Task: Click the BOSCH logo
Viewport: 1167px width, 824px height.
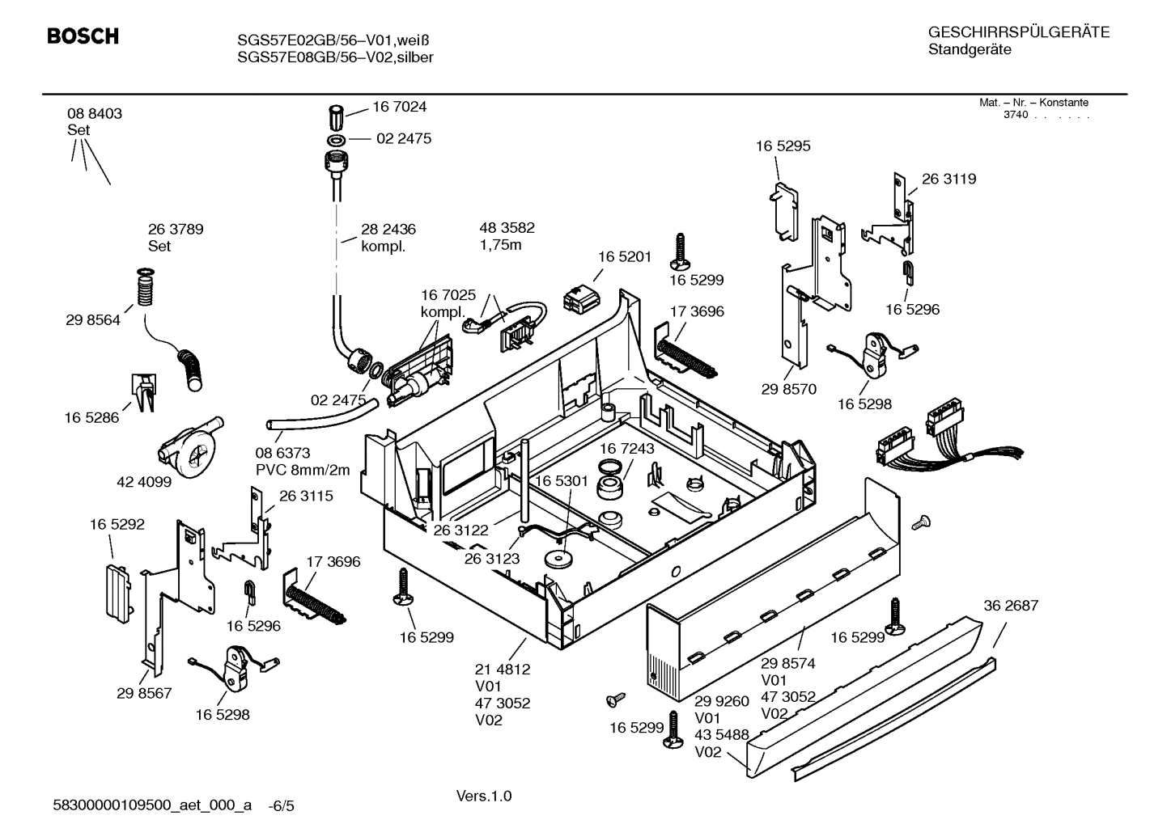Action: (x=83, y=36)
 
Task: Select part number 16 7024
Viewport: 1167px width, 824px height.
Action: (x=399, y=107)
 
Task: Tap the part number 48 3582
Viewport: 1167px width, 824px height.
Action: (x=507, y=228)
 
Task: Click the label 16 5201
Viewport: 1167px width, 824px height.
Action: (x=624, y=256)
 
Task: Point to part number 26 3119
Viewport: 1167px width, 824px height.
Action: (x=948, y=180)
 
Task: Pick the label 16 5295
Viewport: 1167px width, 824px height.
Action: (x=783, y=146)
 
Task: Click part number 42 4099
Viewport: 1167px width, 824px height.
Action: (x=144, y=482)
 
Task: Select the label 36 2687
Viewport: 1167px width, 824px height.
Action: (x=1011, y=606)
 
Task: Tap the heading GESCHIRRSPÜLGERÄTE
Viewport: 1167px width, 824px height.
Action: (x=1018, y=32)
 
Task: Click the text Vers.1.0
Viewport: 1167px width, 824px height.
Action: (x=484, y=797)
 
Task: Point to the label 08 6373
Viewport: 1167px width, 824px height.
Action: (x=282, y=454)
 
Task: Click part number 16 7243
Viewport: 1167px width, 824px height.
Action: (x=627, y=448)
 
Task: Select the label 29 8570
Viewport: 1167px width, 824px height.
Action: (x=788, y=389)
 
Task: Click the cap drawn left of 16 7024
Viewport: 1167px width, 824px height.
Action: (x=337, y=116)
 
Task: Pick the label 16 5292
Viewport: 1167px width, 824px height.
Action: (x=117, y=525)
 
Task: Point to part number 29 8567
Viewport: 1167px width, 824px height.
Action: (x=144, y=693)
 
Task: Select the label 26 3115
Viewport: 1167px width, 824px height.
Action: (x=306, y=497)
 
